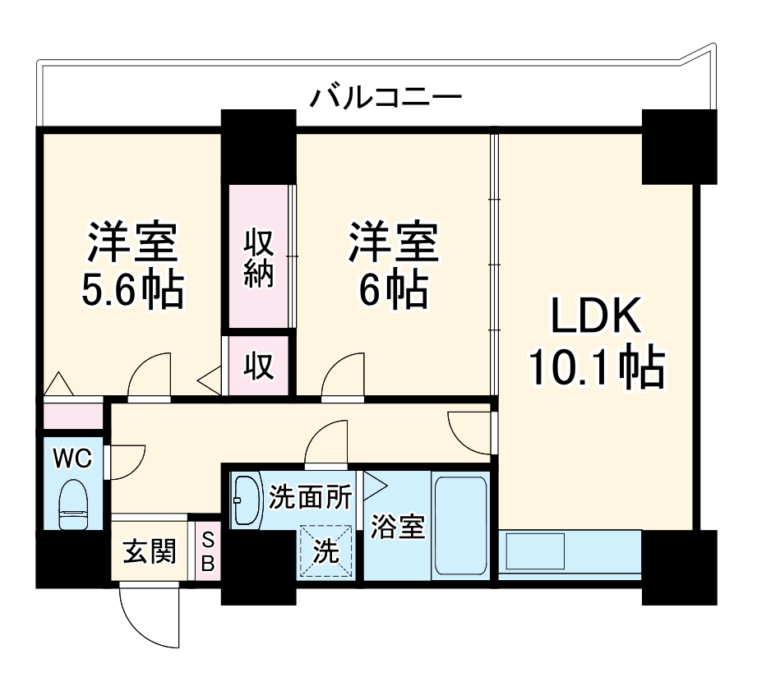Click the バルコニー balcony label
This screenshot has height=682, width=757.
point(385,98)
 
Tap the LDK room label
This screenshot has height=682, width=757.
point(594,316)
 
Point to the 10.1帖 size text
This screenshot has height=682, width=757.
point(594,369)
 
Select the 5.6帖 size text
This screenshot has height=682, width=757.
point(132,288)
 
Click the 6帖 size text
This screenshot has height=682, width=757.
point(392,288)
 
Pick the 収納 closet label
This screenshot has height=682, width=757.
point(258,258)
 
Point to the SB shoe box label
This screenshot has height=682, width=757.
point(207,551)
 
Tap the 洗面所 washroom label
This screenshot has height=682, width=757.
point(310,498)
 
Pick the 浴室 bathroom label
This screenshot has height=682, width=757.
point(398,527)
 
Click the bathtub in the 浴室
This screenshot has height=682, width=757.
point(460,525)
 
